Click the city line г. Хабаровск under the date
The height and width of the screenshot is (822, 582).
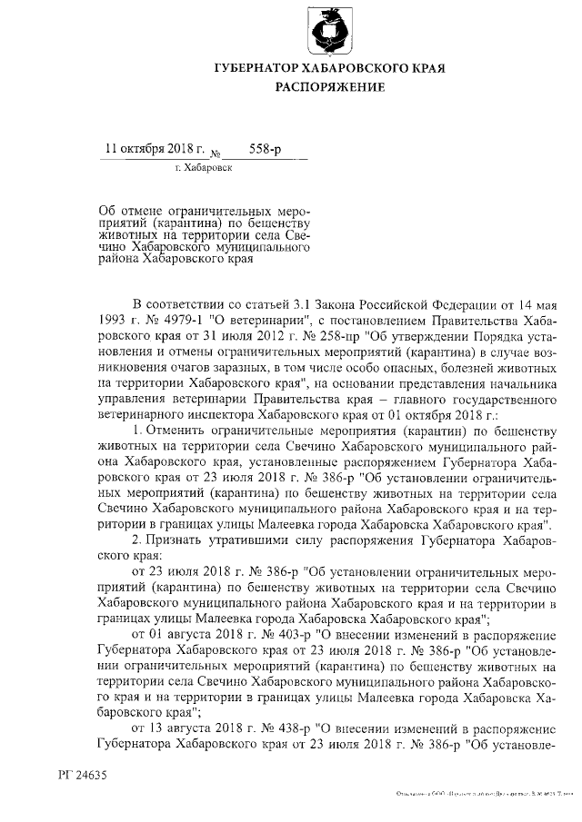203,168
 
